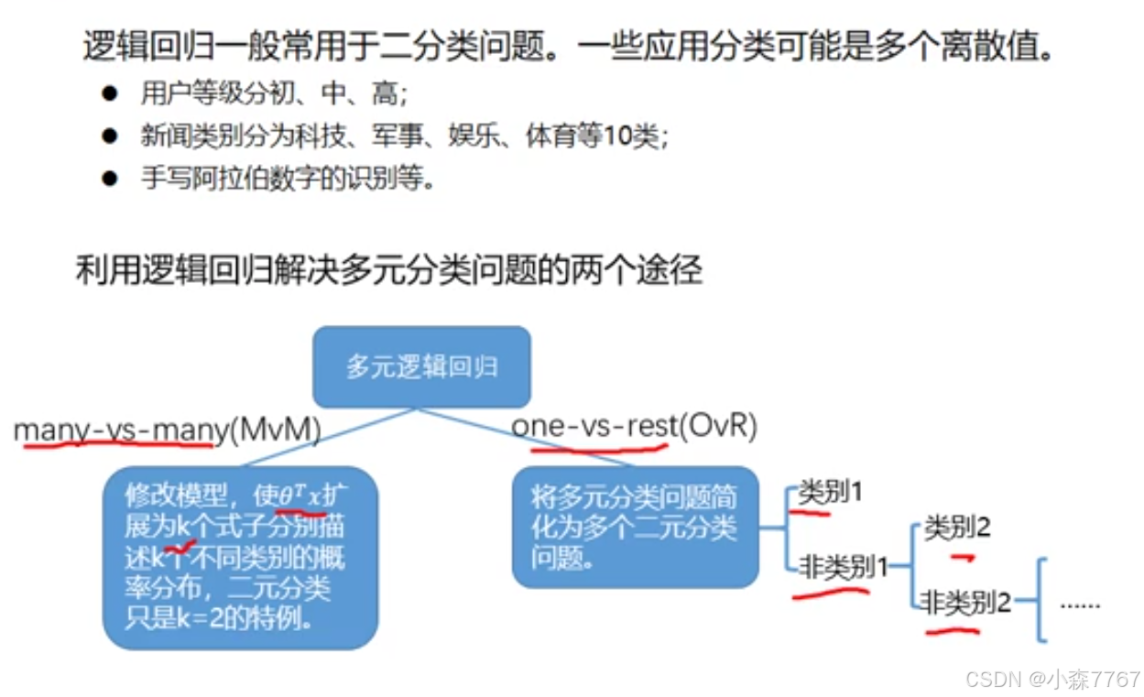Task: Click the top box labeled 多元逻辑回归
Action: [x=421, y=367]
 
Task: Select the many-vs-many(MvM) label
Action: [x=167, y=430]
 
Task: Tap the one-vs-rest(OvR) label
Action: [x=634, y=427]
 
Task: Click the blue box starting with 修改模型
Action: [x=239, y=557]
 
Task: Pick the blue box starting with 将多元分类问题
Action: [x=635, y=527]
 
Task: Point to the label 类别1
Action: [x=831, y=493]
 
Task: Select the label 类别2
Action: [x=957, y=528]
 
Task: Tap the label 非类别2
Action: [x=967, y=603]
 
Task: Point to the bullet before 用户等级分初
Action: [x=111, y=93]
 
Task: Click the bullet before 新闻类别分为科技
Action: [x=111, y=136]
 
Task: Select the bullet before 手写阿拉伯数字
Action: [x=111, y=179]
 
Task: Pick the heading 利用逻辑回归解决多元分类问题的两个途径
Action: [x=388, y=271]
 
